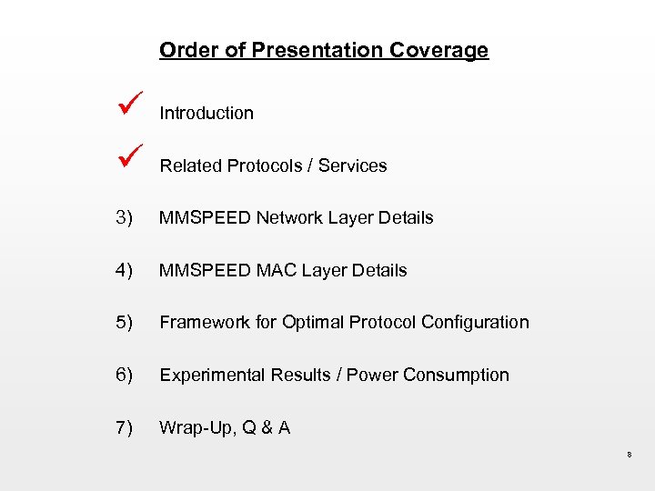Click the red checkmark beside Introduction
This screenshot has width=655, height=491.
pos(126,108)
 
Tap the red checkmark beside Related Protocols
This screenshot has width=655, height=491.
pos(126,161)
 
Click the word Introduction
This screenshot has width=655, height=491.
pos(207,114)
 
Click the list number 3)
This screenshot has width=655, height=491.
pos(125,218)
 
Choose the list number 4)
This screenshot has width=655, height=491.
pos(125,271)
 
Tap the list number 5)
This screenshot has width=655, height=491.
pos(125,323)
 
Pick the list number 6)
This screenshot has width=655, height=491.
pos(125,376)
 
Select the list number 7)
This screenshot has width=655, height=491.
pos(125,428)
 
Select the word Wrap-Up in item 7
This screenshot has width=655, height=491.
pos(191,428)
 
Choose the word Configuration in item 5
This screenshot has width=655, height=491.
pos(474,323)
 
